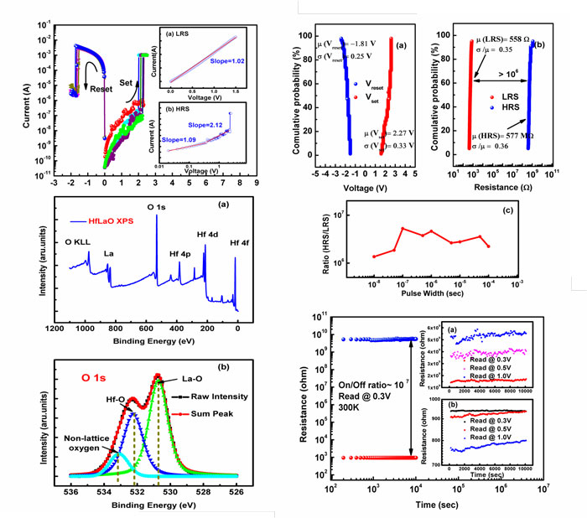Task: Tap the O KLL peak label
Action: pyautogui.click(x=79, y=243)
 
